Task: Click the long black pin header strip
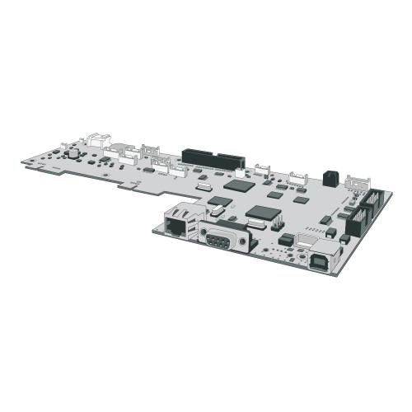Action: (x=213, y=157)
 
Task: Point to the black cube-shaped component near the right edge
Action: (x=330, y=177)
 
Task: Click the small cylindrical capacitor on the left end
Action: (x=73, y=152)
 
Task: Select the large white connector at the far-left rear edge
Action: (x=99, y=141)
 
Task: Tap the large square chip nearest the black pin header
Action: (x=239, y=185)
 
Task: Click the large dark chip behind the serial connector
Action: (x=263, y=212)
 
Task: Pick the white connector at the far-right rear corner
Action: (x=358, y=182)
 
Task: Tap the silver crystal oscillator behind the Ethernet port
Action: (x=216, y=212)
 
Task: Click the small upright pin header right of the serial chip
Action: (x=279, y=222)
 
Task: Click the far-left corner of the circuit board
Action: (x=22, y=162)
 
